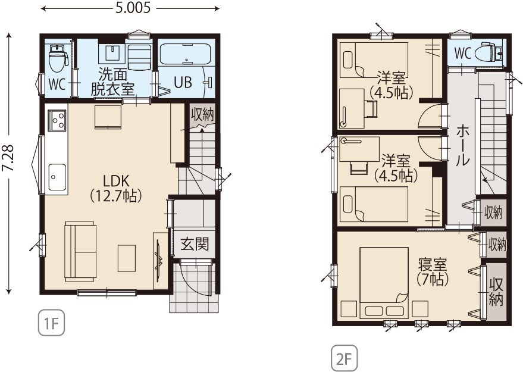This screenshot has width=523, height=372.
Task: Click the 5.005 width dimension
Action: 133,8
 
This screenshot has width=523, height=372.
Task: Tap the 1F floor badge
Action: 51,323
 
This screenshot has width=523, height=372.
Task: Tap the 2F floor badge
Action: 345,359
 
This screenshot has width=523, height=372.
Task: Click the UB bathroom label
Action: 183,82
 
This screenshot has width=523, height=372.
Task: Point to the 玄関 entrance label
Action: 195,244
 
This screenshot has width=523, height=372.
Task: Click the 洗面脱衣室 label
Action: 112,82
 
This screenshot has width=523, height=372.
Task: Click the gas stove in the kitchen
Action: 57,120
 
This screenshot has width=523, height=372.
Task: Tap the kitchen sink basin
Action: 57,177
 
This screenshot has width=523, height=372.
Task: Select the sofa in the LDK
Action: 80,251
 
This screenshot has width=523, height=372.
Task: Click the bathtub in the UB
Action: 186,54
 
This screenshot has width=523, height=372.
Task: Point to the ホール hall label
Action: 463,146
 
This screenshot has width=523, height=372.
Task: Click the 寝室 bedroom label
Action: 433,265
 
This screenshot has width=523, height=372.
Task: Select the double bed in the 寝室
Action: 384,283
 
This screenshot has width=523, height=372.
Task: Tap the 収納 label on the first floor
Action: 202,115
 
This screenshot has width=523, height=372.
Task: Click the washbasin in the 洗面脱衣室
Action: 113,53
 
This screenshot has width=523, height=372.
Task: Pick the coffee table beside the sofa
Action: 127,258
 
